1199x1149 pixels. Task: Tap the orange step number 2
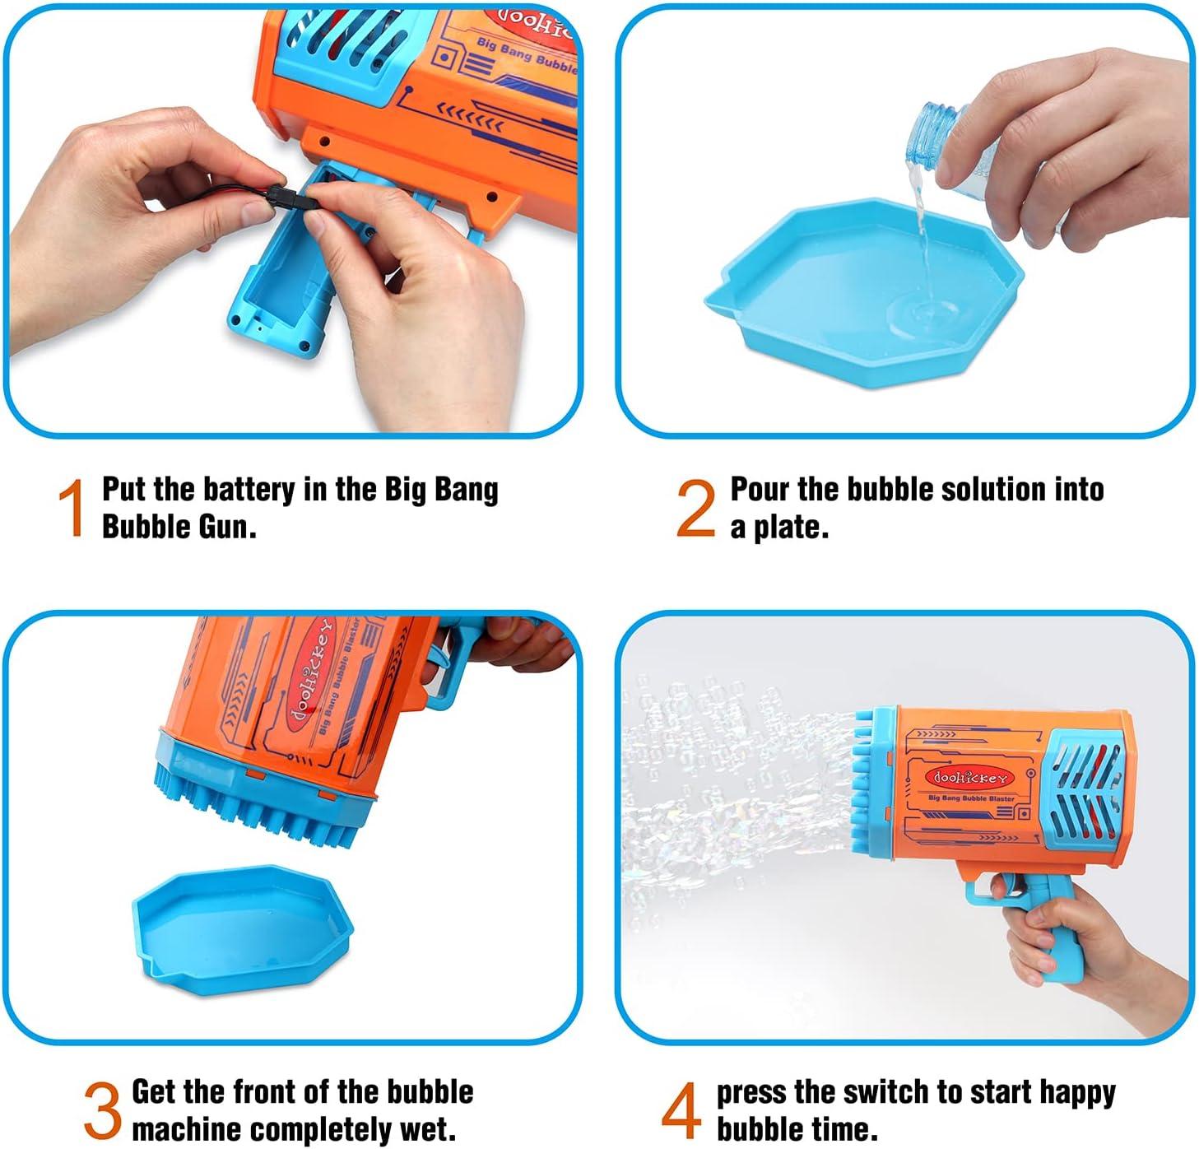(x=695, y=509)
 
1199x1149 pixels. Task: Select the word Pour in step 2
(x=760, y=490)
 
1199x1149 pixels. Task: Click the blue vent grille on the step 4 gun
(x=1085, y=782)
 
